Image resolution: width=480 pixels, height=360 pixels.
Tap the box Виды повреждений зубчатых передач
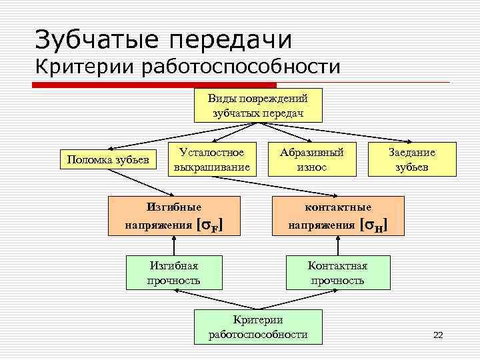click(258, 105)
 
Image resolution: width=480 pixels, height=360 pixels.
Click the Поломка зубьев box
click(107, 159)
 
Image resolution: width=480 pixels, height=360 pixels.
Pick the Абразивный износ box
click(311, 159)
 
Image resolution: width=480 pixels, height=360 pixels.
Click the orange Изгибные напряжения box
click(174, 217)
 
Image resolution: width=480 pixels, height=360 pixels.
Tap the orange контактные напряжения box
click(337, 217)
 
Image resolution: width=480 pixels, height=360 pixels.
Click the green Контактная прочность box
click(337, 273)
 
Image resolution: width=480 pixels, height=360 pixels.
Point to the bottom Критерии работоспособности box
click(258, 327)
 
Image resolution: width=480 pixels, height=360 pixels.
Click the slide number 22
click(438, 335)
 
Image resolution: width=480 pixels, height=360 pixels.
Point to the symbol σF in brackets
click(211, 226)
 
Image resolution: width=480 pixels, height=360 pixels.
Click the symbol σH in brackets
click(373, 226)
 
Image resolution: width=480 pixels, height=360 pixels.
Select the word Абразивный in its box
click(311, 152)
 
